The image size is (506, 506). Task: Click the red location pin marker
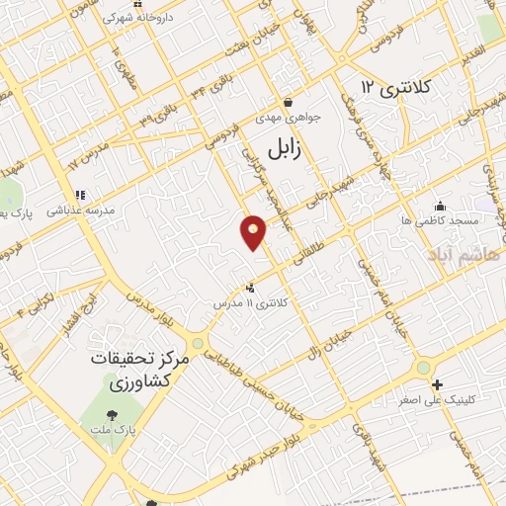tap(253, 232)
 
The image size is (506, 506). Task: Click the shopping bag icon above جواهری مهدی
tap(288, 102)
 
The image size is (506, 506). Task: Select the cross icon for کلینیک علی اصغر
tap(438, 384)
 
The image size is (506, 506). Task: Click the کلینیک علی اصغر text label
tap(450, 400)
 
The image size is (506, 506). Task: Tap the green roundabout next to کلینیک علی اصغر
tap(424, 368)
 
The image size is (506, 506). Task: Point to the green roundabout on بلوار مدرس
tap(199, 344)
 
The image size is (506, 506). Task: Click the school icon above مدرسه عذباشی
tap(79, 196)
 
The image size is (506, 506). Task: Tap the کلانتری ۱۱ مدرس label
tap(255, 302)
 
